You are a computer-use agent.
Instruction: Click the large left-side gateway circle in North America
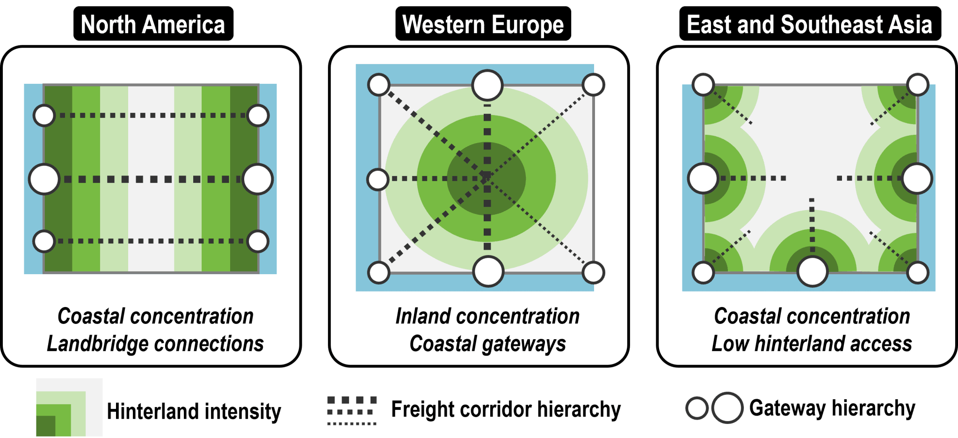[x=44, y=179]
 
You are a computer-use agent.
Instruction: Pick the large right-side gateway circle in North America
[x=258, y=179]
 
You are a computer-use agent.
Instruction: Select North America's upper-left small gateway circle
[x=44, y=116]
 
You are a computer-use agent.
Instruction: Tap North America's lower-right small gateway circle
[x=258, y=241]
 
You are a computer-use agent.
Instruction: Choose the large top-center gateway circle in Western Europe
[x=487, y=86]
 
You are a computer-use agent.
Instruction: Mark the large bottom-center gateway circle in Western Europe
[x=488, y=271]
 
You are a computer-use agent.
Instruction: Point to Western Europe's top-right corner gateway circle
[x=594, y=85]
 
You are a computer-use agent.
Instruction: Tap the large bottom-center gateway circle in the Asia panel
[x=813, y=271]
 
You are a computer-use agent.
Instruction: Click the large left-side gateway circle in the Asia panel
[x=703, y=178]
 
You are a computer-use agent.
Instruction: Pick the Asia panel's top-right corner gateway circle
[x=917, y=85]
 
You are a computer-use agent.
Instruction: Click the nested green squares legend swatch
[x=69, y=407]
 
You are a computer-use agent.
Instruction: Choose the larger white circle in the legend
[x=727, y=408]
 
